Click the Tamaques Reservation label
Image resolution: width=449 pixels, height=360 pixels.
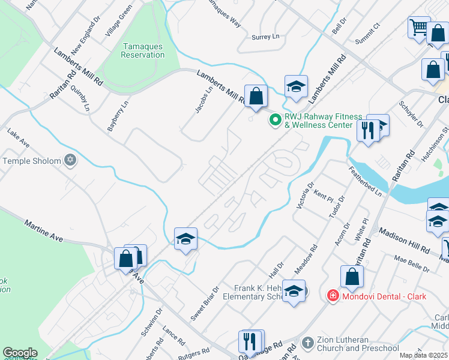click(x=143, y=50)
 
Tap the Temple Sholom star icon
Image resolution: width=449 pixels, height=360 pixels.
click(x=70, y=160)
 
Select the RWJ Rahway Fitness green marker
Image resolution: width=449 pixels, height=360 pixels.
click(x=276, y=120)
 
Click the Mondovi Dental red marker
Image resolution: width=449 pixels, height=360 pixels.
click(x=332, y=295)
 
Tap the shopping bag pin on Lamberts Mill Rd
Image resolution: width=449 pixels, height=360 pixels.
click(x=256, y=97)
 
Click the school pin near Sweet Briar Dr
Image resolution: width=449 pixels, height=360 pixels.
click(x=186, y=239)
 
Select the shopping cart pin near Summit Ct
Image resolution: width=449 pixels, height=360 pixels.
click(x=419, y=28)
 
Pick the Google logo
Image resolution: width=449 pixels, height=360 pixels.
click(x=20, y=353)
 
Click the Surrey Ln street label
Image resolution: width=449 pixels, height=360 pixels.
click(x=266, y=37)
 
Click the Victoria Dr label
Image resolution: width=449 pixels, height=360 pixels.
click(x=304, y=196)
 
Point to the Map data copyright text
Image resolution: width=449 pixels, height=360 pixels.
click(x=424, y=355)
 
